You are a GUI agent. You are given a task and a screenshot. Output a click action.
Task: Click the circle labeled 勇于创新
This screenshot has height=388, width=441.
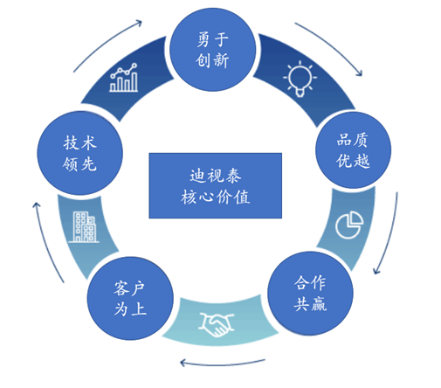point(212,50)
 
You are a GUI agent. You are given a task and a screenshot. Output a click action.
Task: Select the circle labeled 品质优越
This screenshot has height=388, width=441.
point(353,150)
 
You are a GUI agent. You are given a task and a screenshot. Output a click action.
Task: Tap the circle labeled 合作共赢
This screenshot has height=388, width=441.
point(310,294)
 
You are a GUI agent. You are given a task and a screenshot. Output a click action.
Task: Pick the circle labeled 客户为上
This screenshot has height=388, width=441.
point(130,298)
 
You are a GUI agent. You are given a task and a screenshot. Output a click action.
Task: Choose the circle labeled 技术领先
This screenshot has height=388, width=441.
point(80,153)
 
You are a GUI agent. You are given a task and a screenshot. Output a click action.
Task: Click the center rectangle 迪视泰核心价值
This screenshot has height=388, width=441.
point(216,185)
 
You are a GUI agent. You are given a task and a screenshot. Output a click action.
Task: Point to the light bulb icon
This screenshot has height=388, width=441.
point(300,79)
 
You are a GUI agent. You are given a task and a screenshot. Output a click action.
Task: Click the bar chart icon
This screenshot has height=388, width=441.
point(124,78)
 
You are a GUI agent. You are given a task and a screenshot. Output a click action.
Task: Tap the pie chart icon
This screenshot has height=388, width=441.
point(349,225)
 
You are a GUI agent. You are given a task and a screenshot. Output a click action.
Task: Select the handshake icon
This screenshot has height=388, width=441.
point(216,325)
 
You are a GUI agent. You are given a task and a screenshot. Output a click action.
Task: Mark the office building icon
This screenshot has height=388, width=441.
point(84,227)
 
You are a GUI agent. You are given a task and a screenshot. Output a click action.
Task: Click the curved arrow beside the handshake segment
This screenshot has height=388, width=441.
point(223,364)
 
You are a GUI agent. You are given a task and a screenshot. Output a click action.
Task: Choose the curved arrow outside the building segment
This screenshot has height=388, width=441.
point(45,242)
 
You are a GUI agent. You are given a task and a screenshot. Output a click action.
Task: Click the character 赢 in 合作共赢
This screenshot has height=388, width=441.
point(319,304)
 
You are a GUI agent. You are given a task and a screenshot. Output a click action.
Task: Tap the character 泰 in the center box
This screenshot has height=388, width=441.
point(233,177)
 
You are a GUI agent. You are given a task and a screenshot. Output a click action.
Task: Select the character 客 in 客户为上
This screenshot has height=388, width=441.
point(121,288)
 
